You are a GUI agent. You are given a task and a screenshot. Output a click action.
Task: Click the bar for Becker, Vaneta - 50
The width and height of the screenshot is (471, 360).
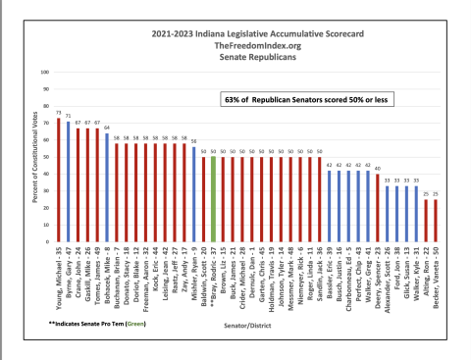(x=436, y=222)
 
